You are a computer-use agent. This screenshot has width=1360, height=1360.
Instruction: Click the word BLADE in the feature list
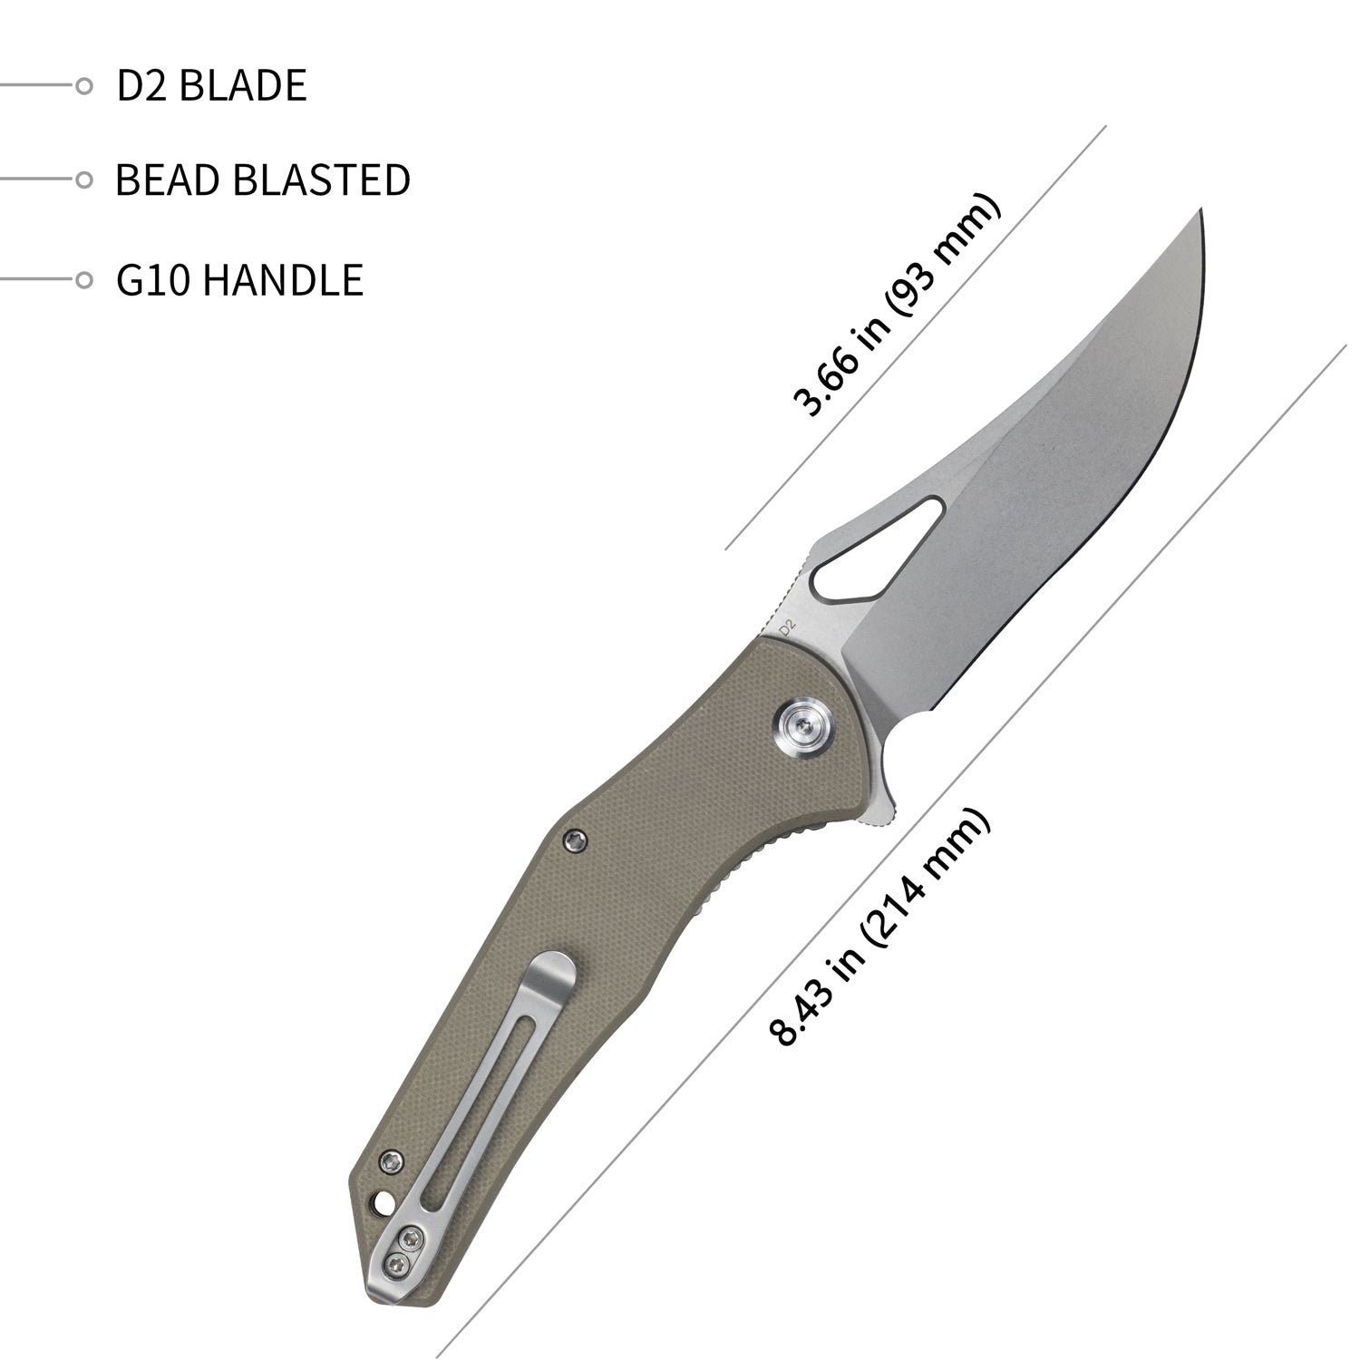tap(243, 85)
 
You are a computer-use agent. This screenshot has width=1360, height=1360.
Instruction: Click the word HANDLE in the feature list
tap(282, 279)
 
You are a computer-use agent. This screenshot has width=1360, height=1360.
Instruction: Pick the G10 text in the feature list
tap(153, 279)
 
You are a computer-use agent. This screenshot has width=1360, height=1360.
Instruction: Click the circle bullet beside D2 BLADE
tap(83, 86)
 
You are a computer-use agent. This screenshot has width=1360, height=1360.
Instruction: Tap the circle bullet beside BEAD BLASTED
tap(83, 180)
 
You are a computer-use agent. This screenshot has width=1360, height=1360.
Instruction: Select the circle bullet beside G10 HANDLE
tap(83, 279)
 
